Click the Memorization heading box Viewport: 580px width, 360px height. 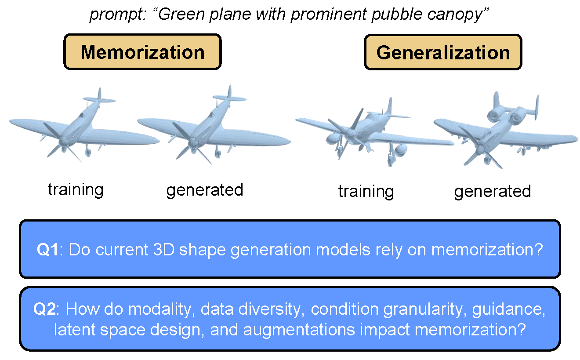point(142,52)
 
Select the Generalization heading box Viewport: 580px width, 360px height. point(443,52)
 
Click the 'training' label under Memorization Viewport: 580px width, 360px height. point(76,189)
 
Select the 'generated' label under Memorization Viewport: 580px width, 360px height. point(204,189)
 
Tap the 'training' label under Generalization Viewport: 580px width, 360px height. point(366,191)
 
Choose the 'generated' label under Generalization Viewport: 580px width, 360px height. point(493,191)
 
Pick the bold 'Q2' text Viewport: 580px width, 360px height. point(44,309)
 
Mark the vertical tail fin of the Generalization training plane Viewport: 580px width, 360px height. point(388,107)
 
